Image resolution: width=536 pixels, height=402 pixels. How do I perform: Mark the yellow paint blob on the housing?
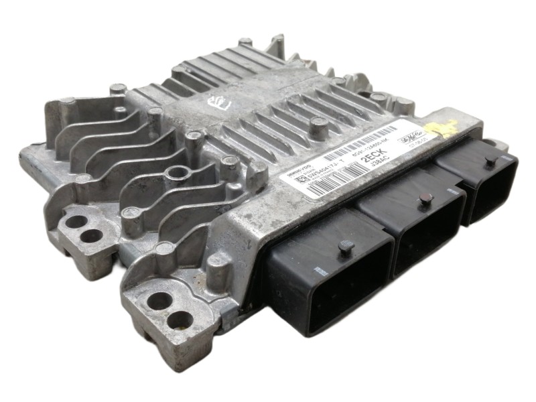(450, 127)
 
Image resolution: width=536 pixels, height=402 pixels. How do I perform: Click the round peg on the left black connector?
(346, 247)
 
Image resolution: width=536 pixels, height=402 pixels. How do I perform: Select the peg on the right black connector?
(491, 161)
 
